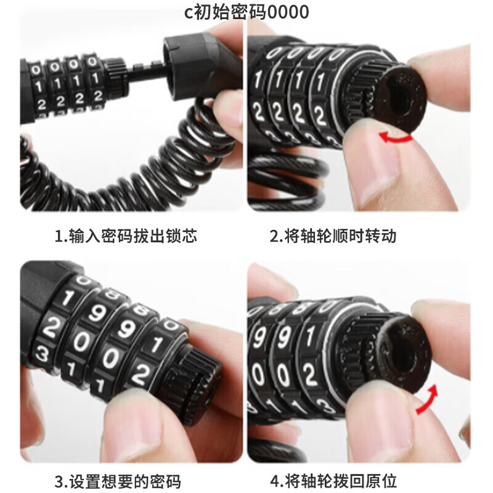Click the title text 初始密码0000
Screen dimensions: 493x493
click(251, 12)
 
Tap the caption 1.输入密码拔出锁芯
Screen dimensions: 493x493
click(126, 236)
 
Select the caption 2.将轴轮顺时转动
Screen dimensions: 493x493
click(333, 236)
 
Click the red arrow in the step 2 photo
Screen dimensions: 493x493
click(396, 137)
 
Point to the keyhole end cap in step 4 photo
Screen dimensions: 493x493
click(404, 351)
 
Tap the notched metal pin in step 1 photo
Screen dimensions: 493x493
click(145, 71)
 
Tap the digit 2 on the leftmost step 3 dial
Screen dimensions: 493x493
click(51, 327)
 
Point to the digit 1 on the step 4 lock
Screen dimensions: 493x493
click(311, 336)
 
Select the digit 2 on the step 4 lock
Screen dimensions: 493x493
click(309, 374)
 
